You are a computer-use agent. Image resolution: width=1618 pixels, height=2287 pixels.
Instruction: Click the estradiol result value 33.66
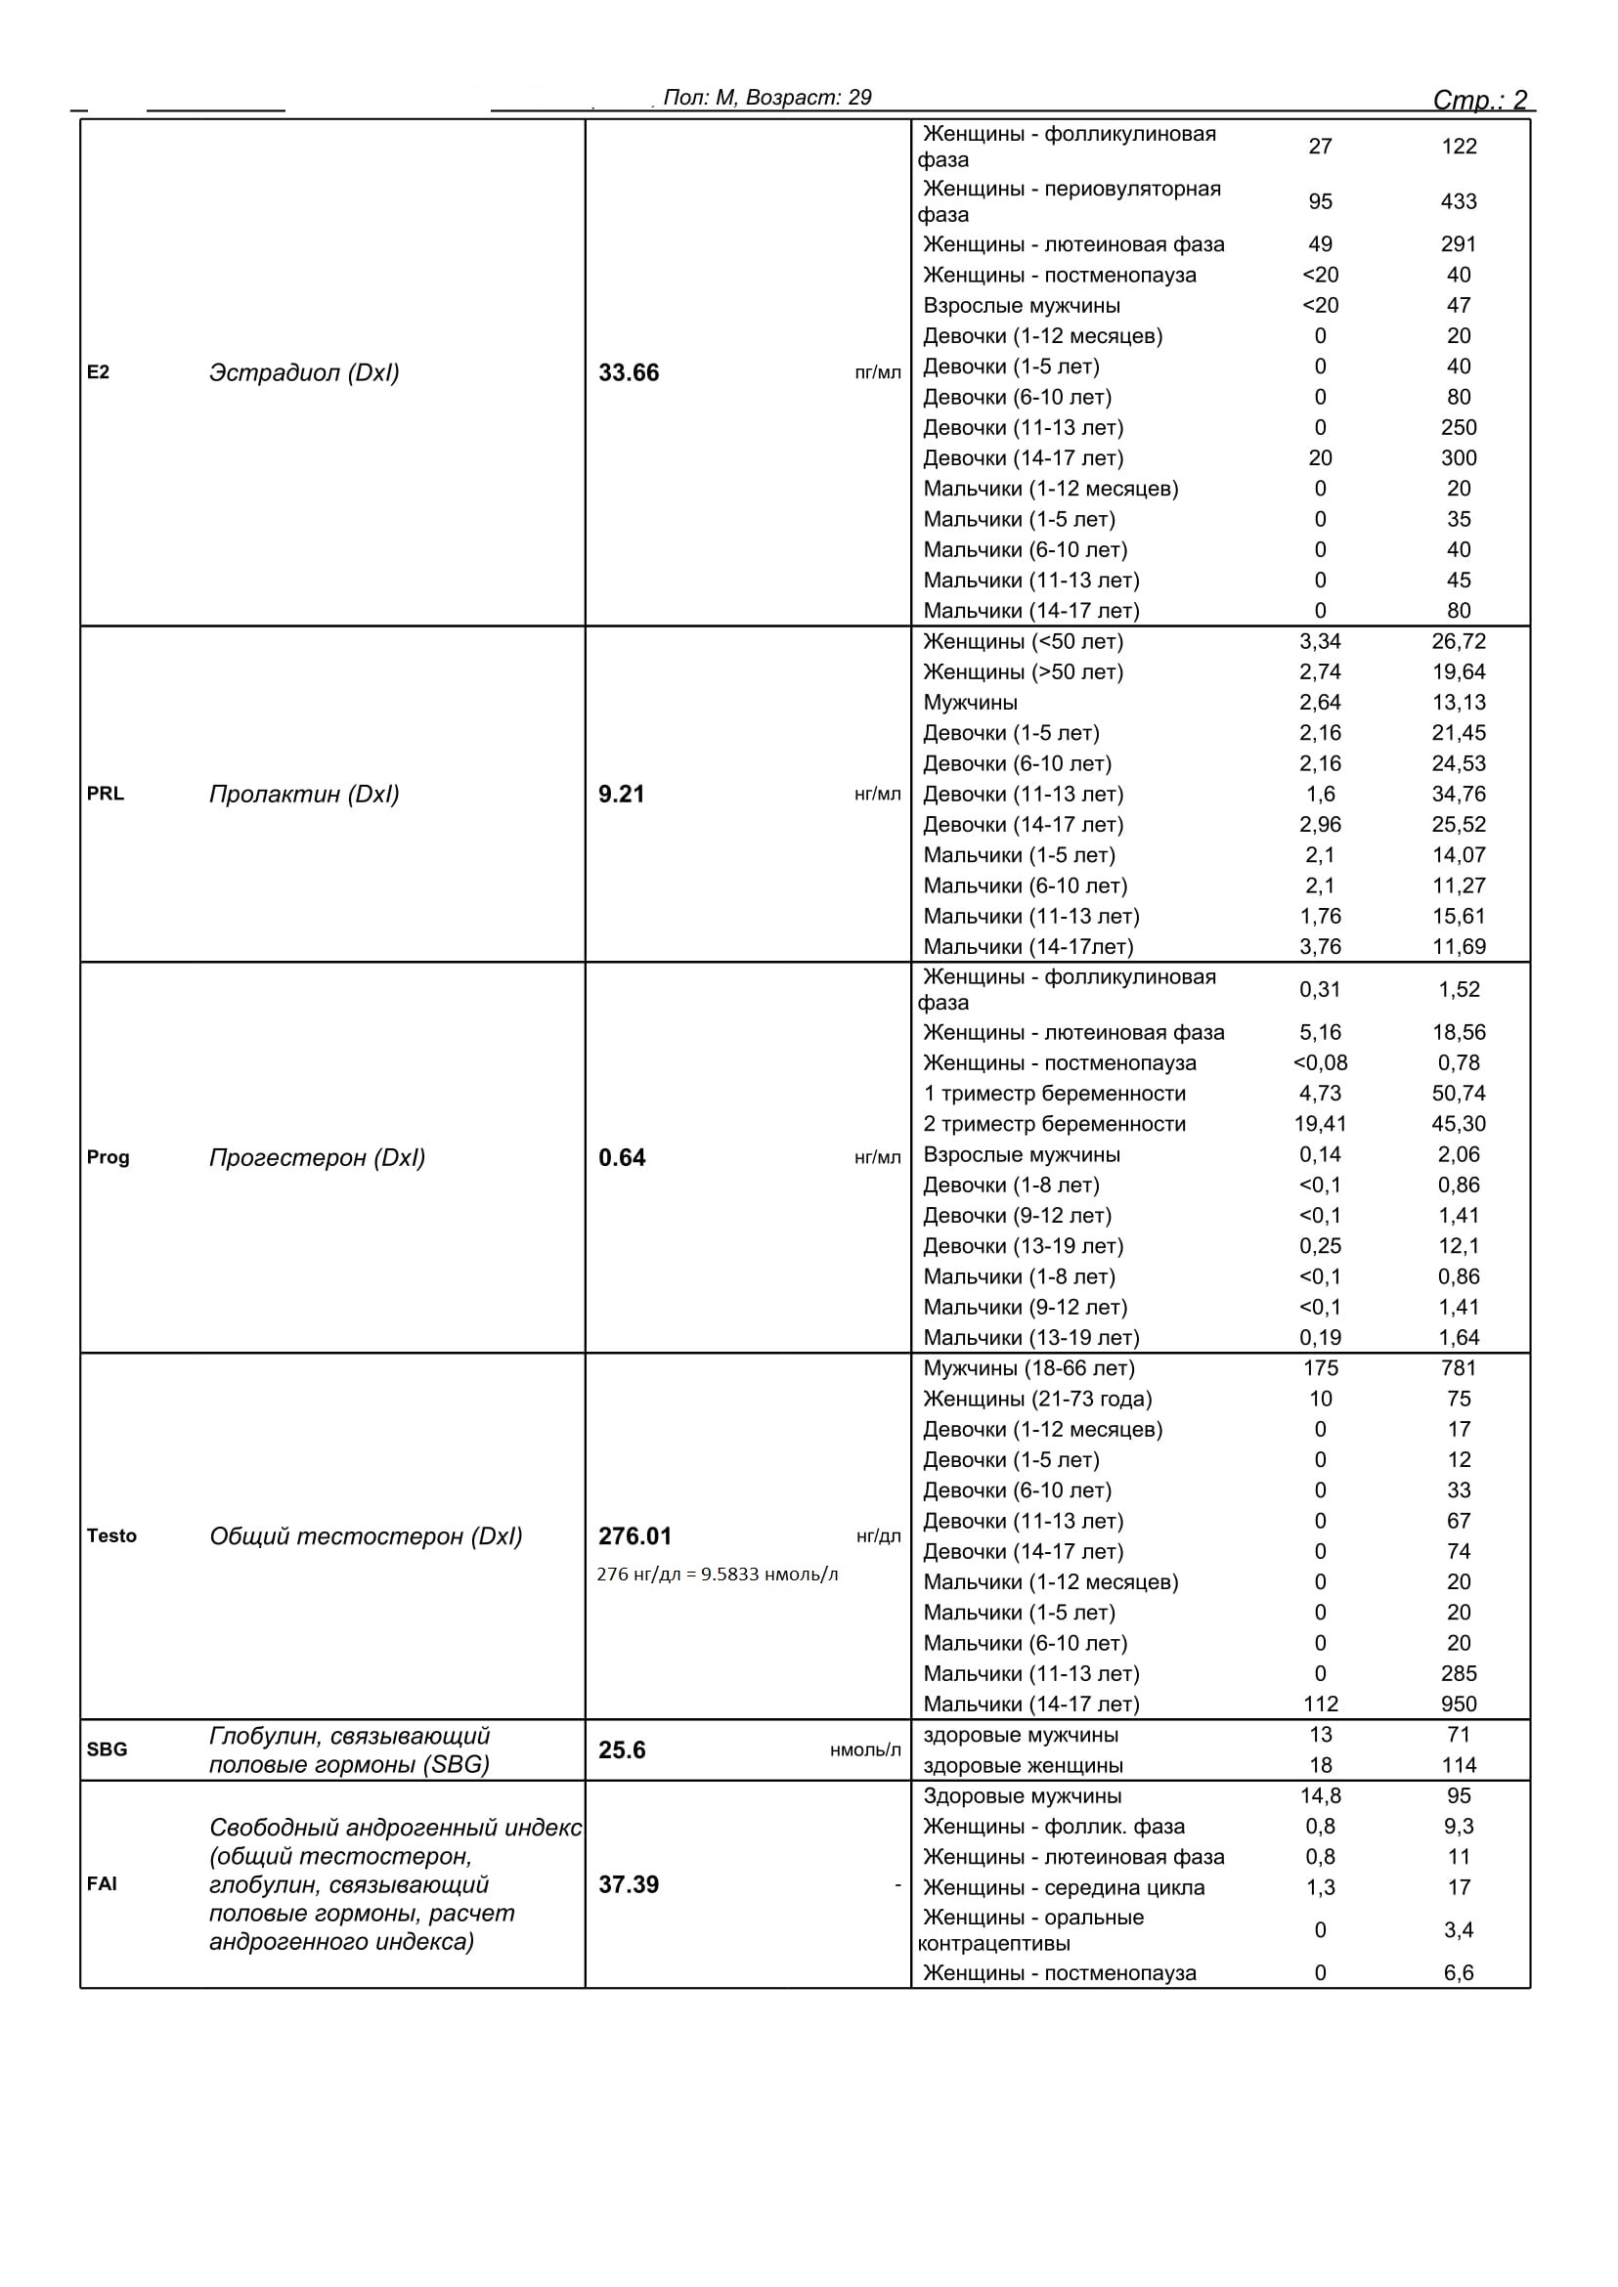(x=629, y=372)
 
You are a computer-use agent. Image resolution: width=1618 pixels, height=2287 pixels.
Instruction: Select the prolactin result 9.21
(x=622, y=794)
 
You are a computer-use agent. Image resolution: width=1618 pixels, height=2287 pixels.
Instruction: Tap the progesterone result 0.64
(x=622, y=1157)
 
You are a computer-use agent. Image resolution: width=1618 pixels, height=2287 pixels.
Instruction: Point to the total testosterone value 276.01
(x=634, y=1536)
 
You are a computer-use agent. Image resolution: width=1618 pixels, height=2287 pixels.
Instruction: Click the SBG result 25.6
(x=622, y=1750)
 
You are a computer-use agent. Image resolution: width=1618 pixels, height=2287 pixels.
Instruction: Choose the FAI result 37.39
(x=629, y=1884)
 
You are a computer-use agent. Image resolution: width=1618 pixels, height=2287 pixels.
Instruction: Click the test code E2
(x=98, y=372)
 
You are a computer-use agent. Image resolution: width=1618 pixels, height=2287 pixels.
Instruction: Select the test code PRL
(x=106, y=794)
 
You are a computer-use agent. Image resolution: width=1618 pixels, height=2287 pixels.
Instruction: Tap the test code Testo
(x=111, y=1536)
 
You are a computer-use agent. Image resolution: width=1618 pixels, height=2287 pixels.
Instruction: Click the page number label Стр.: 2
(x=1479, y=100)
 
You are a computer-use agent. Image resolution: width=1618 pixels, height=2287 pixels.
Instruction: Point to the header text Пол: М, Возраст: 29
(x=767, y=98)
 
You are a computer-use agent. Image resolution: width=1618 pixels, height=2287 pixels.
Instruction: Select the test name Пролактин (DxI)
(x=304, y=794)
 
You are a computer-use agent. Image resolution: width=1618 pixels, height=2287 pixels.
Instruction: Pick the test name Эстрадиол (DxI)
(x=304, y=372)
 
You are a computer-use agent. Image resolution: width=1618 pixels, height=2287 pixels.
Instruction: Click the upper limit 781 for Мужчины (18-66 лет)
(x=1459, y=1368)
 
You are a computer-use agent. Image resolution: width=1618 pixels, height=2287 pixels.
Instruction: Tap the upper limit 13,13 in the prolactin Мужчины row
(x=1459, y=703)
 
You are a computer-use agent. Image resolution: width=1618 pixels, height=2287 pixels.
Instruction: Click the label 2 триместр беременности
(x=1054, y=1124)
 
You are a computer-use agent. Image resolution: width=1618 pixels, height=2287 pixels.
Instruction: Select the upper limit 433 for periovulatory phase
(x=1459, y=201)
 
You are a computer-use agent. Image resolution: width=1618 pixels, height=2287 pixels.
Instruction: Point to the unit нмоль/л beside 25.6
(x=865, y=1750)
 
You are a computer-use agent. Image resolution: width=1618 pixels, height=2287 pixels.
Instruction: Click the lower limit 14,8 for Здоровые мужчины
(x=1320, y=1796)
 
